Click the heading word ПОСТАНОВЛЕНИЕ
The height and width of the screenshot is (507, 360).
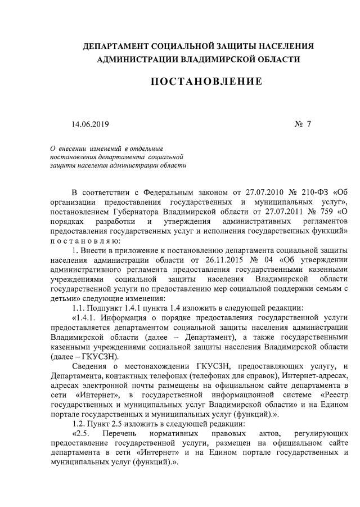coord(206,82)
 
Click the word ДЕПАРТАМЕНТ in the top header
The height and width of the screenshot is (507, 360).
coord(115,46)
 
